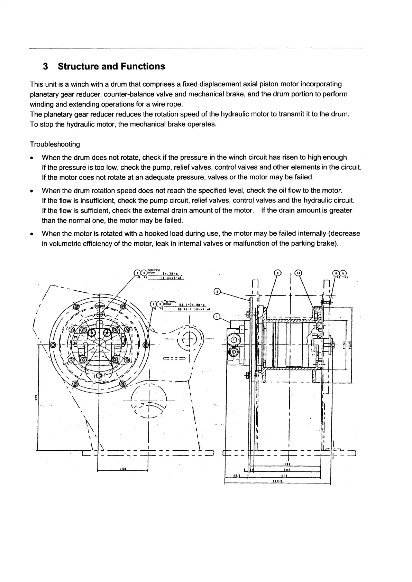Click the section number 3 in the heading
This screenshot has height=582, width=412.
coord(45,66)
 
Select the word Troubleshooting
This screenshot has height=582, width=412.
coord(55,144)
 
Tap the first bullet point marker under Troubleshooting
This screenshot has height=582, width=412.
coord(32,158)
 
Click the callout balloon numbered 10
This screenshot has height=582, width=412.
coord(298,273)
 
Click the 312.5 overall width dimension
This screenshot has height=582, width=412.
coord(276,481)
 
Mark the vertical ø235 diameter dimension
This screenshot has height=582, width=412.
coord(350,345)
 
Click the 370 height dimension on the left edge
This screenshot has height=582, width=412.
coord(36,398)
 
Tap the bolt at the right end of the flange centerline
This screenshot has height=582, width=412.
coord(146,345)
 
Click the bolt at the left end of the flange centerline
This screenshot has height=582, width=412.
coord(53,345)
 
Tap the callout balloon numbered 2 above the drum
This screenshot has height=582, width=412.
coord(277,273)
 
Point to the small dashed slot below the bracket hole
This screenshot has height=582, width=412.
coord(175,358)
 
